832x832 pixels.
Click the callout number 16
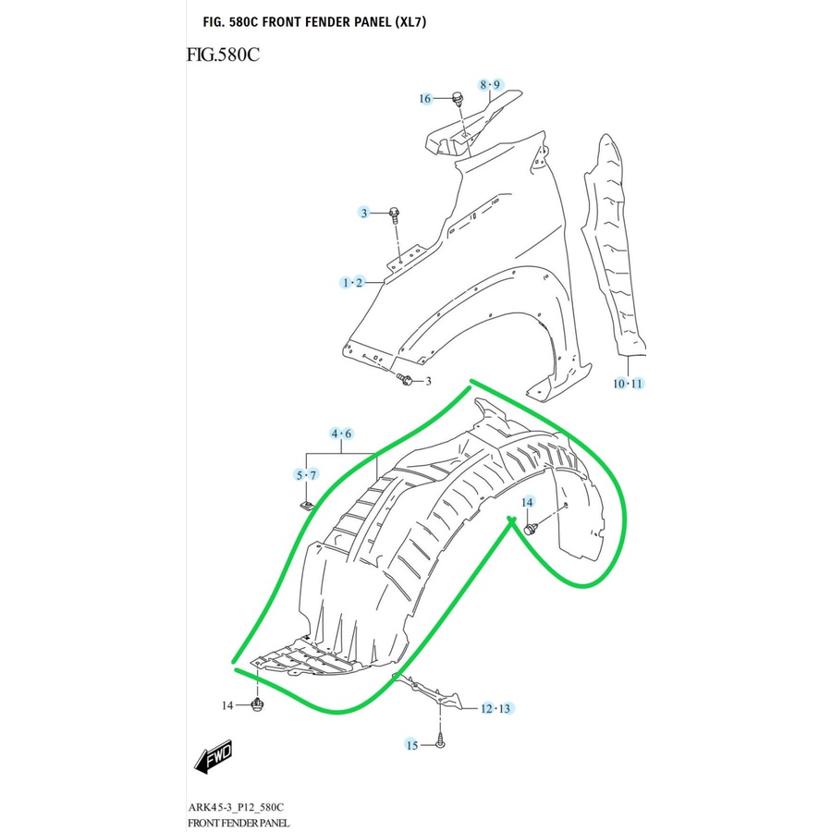click(x=425, y=99)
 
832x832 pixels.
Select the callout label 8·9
click(x=489, y=85)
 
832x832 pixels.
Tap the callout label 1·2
click(x=352, y=282)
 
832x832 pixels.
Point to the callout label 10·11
click(x=627, y=383)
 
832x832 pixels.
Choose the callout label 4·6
click(x=342, y=434)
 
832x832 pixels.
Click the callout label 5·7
click(x=306, y=475)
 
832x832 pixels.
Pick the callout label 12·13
click(x=496, y=709)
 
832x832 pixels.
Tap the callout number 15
click(x=412, y=744)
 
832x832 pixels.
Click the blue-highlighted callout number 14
click(x=528, y=502)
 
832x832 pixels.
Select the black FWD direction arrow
click(x=213, y=756)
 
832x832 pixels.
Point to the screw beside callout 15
click(x=441, y=740)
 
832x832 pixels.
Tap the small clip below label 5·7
click(x=309, y=505)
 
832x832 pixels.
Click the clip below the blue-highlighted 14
click(x=532, y=529)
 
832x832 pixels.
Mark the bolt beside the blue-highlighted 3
click(x=396, y=215)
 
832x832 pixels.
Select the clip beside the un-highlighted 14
click(x=259, y=706)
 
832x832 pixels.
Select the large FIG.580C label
click(x=223, y=55)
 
